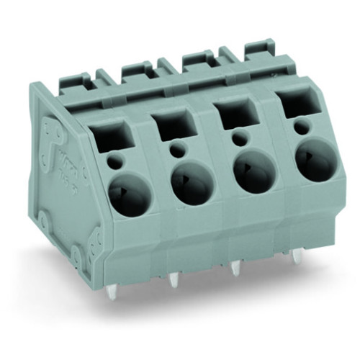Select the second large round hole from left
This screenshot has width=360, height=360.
click(191, 180)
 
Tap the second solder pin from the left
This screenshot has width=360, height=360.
click(174, 279)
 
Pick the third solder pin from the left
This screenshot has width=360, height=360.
click(235, 269)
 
